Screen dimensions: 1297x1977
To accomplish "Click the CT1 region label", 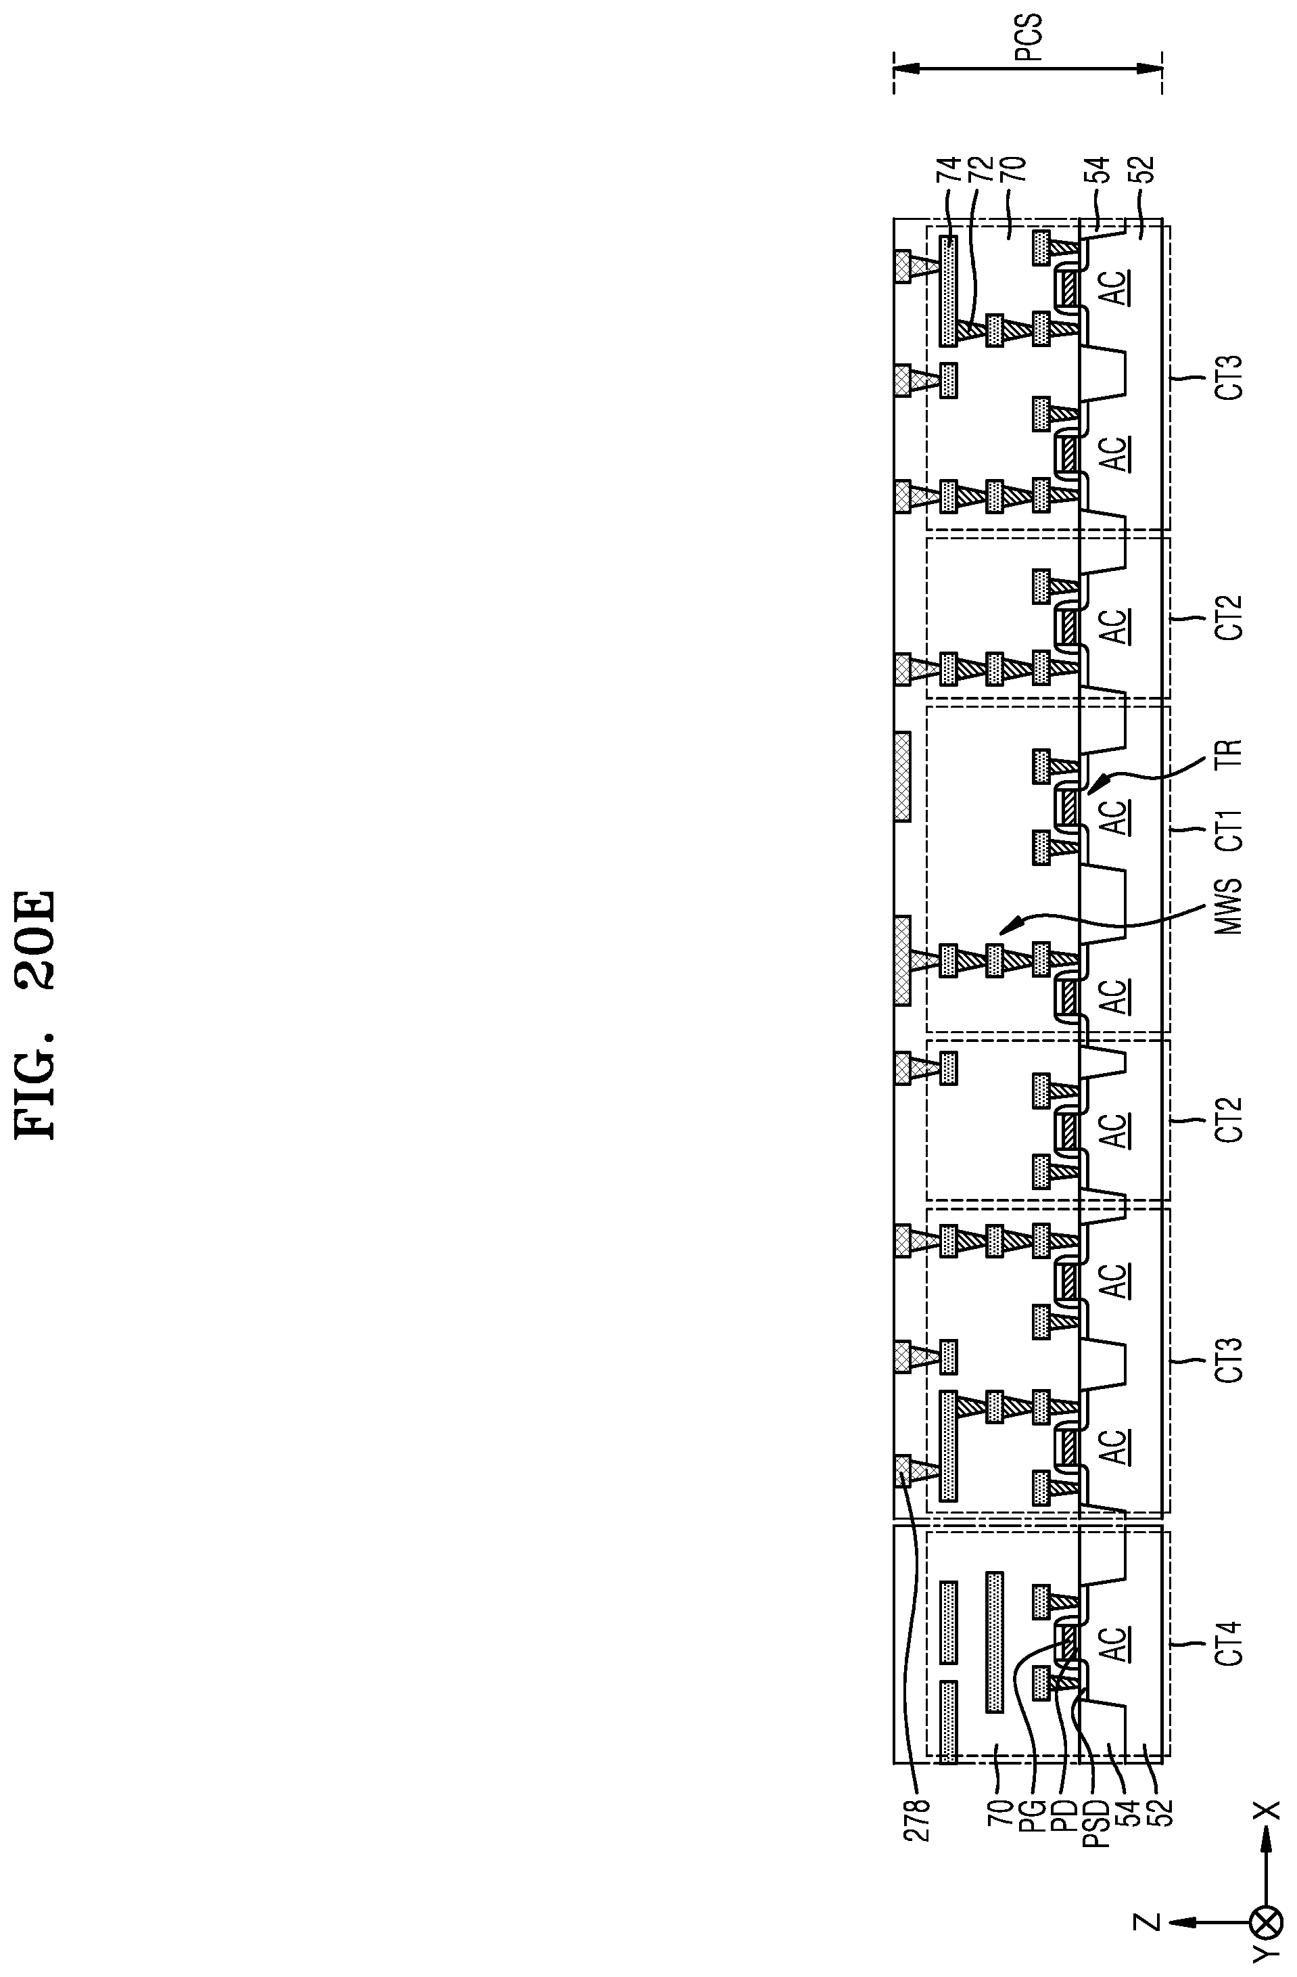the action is pos(1231,828).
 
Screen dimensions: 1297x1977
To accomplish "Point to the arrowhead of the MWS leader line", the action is pos(1002,933).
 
